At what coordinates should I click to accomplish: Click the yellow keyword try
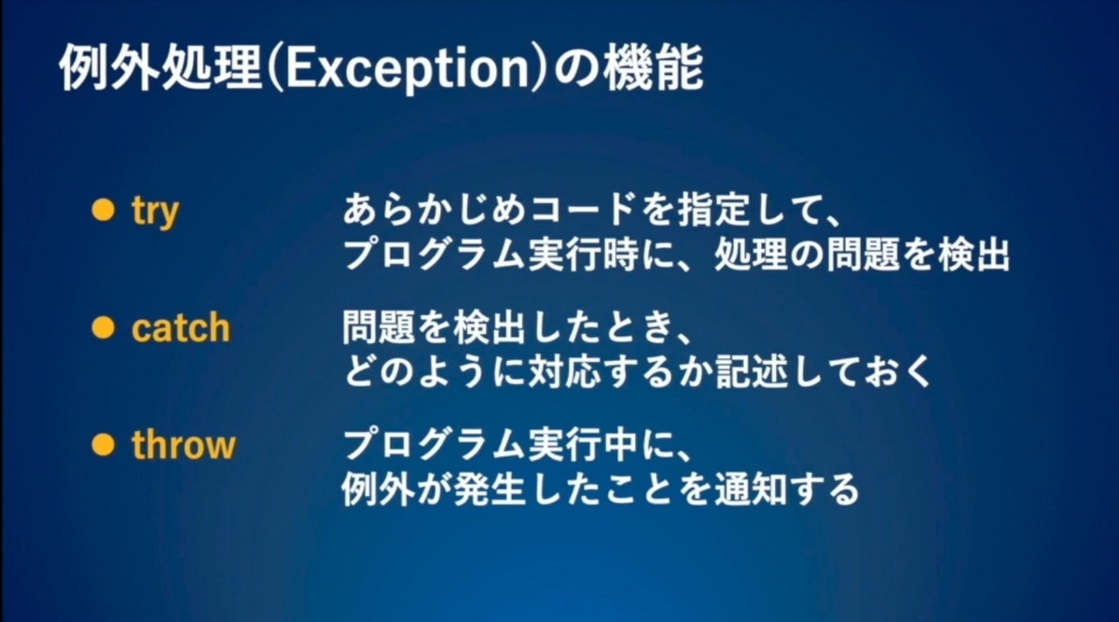pos(155,213)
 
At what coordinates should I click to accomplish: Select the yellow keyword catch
pos(180,328)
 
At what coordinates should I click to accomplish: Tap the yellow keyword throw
pos(183,445)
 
